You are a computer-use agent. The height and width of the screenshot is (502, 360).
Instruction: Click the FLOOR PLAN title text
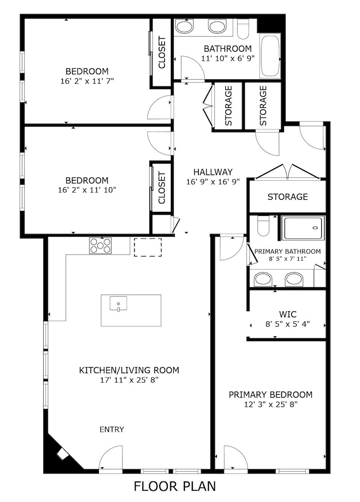click(x=175, y=486)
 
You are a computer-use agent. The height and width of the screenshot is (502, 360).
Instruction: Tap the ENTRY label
click(x=111, y=429)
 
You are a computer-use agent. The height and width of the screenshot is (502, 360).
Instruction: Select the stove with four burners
click(x=100, y=245)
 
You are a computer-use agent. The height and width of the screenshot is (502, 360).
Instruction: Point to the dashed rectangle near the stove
click(x=148, y=247)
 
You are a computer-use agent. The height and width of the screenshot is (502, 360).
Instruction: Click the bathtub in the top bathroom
click(x=270, y=57)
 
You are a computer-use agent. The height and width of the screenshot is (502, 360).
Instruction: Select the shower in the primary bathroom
click(x=302, y=228)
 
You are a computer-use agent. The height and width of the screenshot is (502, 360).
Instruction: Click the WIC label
click(x=287, y=315)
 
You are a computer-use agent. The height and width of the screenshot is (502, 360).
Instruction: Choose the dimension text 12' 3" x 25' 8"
click(x=271, y=404)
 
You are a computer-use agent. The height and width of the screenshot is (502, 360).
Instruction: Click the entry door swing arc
click(x=110, y=458)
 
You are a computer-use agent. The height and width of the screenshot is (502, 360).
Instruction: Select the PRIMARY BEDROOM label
click(x=271, y=395)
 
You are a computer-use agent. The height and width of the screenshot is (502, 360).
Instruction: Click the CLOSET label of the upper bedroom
click(x=162, y=52)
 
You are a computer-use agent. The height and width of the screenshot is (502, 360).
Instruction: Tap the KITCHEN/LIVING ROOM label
click(x=129, y=371)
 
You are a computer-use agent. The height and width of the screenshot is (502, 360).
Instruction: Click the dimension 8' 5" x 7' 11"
click(x=287, y=259)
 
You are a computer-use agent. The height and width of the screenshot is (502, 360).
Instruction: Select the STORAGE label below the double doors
click(x=287, y=196)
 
